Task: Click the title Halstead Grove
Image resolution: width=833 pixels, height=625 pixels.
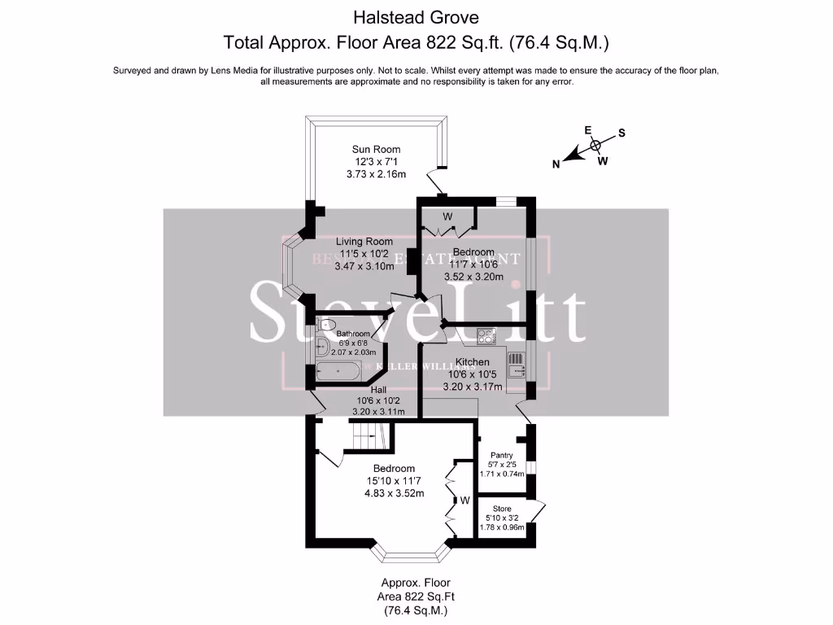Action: (416, 16)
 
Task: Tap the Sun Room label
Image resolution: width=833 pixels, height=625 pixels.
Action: (376, 149)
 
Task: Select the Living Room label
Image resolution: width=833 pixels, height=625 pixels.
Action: (365, 242)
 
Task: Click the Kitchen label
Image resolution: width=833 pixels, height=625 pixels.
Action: (472, 362)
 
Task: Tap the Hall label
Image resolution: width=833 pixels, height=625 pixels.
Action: (368, 390)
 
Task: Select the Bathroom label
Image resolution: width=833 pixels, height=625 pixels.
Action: (354, 334)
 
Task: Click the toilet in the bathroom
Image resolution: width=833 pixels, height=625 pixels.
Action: (327, 325)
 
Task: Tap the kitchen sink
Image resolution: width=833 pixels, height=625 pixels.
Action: (517, 372)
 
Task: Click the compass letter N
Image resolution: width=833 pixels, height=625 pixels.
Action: (556, 164)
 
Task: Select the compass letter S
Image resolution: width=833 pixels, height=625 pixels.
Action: (621, 132)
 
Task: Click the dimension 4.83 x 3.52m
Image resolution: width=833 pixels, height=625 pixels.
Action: (395, 492)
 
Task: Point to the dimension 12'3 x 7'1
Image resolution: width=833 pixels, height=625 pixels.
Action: (376, 162)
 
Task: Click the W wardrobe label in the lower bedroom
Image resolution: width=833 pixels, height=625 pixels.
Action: (464, 500)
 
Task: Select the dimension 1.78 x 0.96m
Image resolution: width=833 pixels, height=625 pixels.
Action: (502, 527)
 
